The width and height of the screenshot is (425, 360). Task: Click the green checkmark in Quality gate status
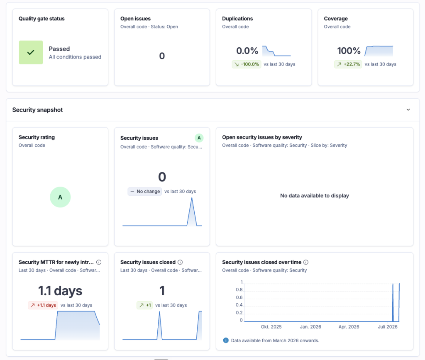pyautogui.click(x=31, y=52)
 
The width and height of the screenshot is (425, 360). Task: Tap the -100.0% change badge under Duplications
pyautogui.click(x=247, y=64)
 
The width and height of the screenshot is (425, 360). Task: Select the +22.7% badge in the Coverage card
pyautogui.click(x=348, y=64)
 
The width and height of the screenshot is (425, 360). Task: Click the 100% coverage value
pyautogui.click(x=349, y=51)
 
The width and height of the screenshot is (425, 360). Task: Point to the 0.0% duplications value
pyautogui.click(x=247, y=51)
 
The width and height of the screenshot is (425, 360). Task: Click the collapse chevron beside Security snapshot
pyautogui.click(x=408, y=110)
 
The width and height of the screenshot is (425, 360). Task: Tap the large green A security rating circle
pyautogui.click(x=60, y=197)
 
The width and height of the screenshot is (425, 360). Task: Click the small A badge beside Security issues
pyautogui.click(x=199, y=138)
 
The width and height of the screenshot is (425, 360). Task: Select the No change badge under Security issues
pyautogui.click(x=145, y=192)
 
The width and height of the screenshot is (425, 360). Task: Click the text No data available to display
pyautogui.click(x=315, y=196)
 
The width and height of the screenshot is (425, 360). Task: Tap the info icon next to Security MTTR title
pyautogui.click(x=99, y=262)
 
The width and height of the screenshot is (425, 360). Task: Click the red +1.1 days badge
pyautogui.click(x=43, y=305)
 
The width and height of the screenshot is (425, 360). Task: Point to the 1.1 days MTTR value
pyautogui.click(x=60, y=291)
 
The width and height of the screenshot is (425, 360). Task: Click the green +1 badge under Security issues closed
pyautogui.click(x=145, y=305)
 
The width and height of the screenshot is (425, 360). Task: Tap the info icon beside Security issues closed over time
pyautogui.click(x=306, y=262)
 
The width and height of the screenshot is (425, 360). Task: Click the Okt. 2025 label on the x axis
pyautogui.click(x=271, y=327)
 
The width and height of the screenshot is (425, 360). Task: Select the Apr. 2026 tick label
pyautogui.click(x=349, y=327)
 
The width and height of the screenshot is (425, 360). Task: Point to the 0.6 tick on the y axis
pyautogui.click(x=239, y=297)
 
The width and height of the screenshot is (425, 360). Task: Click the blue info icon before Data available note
pyautogui.click(x=226, y=340)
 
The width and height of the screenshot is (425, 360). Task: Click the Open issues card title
pyautogui.click(x=136, y=19)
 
